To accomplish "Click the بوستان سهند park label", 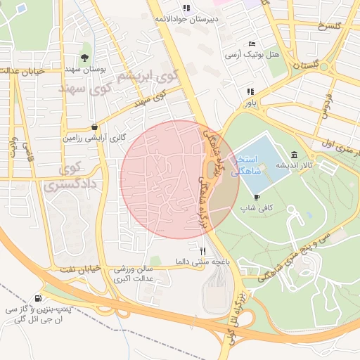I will (x=85, y=70).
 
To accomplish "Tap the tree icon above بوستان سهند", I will (x=85, y=58).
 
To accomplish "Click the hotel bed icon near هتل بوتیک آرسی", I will (x=252, y=44).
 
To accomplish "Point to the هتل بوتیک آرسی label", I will (x=252, y=54).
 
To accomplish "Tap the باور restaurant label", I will (x=251, y=103).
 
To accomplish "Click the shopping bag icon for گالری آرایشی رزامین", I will (x=94, y=127).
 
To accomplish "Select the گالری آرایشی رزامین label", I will (x=94, y=139).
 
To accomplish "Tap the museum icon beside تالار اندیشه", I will (x=293, y=155).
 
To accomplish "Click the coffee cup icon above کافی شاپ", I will (x=257, y=197).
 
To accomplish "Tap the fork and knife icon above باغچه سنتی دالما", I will (x=203, y=250).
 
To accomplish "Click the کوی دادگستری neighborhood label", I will (x=63, y=177).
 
